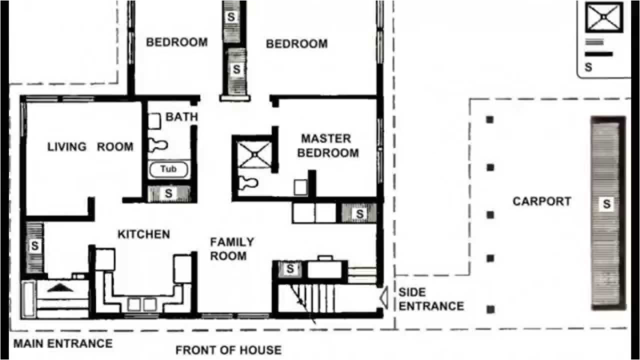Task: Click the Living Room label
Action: point(90,147)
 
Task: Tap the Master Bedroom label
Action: point(327,145)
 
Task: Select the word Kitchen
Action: point(143,234)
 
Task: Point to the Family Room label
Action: point(231,249)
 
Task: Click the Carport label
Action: point(541,201)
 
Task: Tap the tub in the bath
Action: point(168,169)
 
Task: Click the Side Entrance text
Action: point(430,299)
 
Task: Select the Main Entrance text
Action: point(62,343)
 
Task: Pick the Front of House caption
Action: point(228,350)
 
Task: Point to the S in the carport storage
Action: point(606,204)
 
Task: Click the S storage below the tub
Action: point(168,193)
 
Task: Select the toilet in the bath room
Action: point(158,145)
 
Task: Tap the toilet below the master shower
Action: point(247,183)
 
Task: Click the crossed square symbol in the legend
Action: point(603,17)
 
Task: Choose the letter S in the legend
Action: point(588,67)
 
